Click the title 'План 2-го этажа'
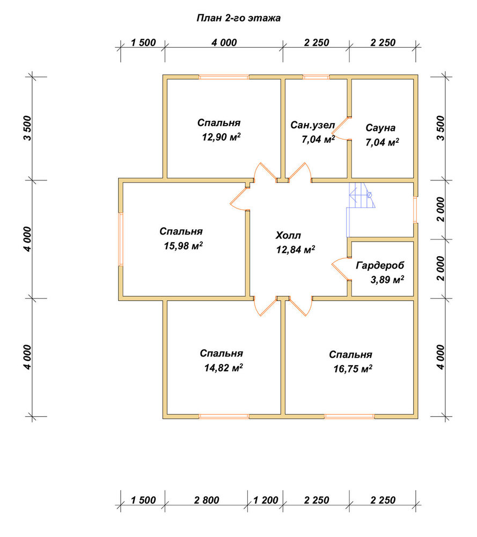238,18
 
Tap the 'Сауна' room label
380,128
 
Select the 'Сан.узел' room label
312,125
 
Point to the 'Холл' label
288,235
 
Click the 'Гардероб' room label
380,265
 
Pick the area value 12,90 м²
221,137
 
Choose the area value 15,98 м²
183,246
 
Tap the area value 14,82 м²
223,368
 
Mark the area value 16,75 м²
353,369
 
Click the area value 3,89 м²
387,280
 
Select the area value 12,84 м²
296,250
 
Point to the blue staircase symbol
361,209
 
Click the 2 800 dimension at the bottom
207,500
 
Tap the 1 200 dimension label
266,500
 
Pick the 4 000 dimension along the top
224,43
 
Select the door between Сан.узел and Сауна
341,128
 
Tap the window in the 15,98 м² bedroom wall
121,239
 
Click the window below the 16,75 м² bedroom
349,417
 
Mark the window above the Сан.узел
316,77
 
